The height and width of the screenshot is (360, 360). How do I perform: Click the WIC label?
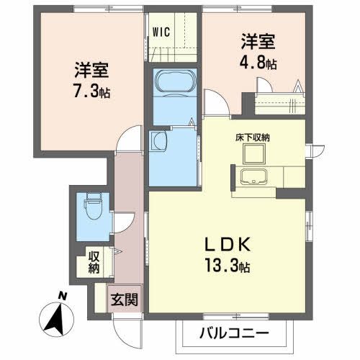pos(160,32)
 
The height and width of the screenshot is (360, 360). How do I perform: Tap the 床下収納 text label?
pos(253,137)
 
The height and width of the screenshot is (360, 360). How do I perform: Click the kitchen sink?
pos(254,179)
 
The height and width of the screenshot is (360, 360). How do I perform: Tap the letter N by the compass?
pos(63,295)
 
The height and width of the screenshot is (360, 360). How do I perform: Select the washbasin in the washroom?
pos(158,140)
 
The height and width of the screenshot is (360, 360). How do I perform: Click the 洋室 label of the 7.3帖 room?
pos(91,72)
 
